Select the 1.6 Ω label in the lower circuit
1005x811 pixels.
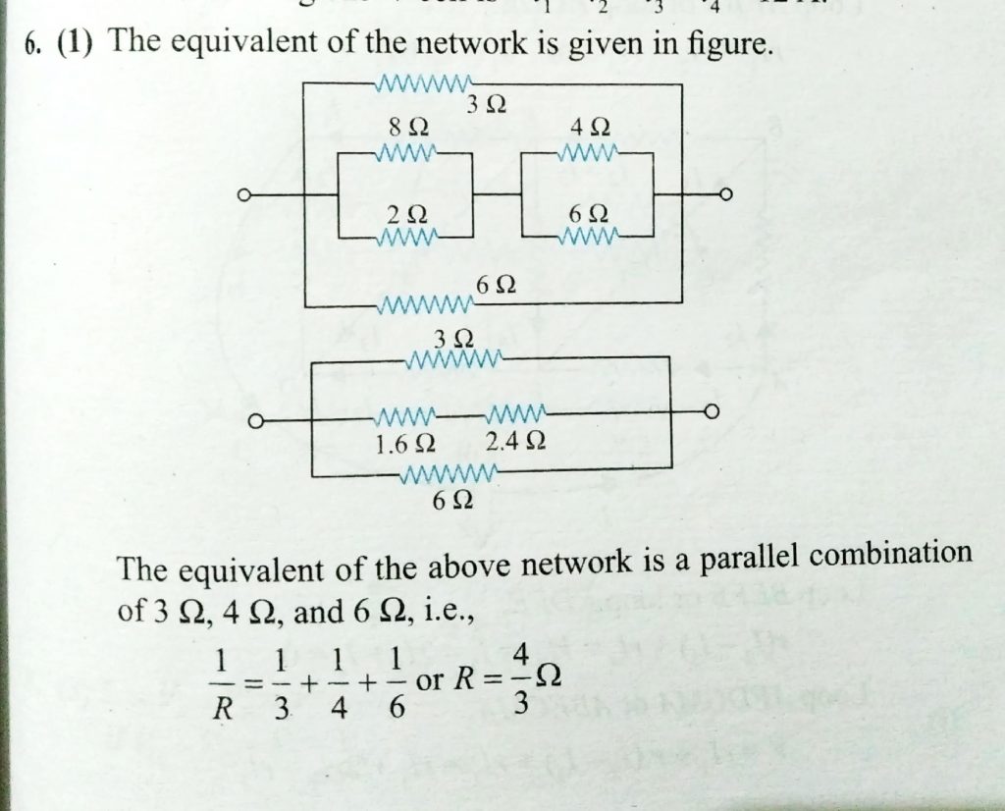[405, 443]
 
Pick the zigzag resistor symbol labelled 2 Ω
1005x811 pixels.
[407, 238]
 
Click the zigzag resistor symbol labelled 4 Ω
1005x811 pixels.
[587, 154]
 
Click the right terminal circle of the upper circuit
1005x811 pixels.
[726, 196]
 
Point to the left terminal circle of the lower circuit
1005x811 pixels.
[254, 421]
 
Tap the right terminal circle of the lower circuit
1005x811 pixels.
[712, 410]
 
